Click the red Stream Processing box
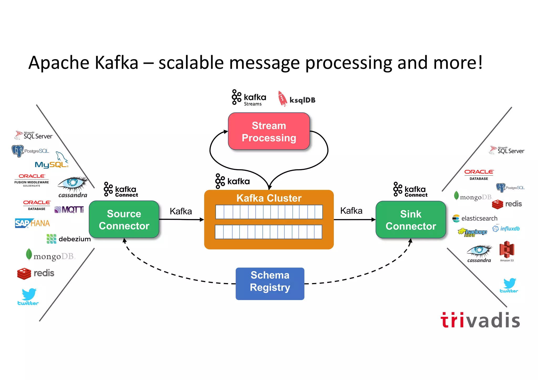[x=269, y=131]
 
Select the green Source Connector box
[x=124, y=220]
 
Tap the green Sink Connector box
[x=411, y=220]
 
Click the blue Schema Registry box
[x=270, y=284]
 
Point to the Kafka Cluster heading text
[x=269, y=198]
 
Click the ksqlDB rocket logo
[x=282, y=99]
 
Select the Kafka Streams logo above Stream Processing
[x=249, y=98]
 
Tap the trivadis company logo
[x=480, y=320]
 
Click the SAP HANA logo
[x=32, y=223]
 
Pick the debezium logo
[x=68, y=239]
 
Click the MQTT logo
[x=69, y=210]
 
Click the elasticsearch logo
[x=475, y=218]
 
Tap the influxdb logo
[x=506, y=228]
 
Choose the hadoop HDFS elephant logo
[x=472, y=232]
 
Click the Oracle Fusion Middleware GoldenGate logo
[x=32, y=180]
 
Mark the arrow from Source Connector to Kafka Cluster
[x=181, y=219]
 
